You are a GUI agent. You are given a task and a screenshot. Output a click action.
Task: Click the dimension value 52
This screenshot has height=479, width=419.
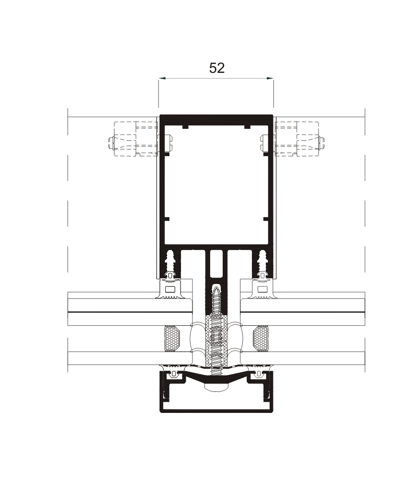pyautogui.click(x=216, y=68)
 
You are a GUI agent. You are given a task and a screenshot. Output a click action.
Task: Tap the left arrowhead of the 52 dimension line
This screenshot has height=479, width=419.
pyautogui.click(x=161, y=78)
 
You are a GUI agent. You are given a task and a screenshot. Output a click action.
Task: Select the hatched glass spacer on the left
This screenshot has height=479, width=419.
pyautogui.click(x=171, y=339)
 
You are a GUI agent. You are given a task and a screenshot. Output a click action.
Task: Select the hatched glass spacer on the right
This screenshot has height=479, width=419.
pyautogui.click(x=261, y=339)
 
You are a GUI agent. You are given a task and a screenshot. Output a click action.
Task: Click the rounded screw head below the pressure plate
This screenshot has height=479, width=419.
pyautogui.click(x=216, y=386)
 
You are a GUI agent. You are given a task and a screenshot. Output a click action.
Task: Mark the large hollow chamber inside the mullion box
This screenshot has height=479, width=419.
pyautogui.click(x=216, y=187)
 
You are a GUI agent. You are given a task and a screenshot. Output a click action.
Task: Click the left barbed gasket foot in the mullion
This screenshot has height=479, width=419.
pyautogui.click(x=170, y=262)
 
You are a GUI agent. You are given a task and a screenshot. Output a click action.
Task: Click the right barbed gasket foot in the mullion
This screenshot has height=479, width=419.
pyautogui.click(x=262, y=262)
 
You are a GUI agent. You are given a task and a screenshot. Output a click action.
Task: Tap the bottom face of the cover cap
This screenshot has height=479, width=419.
pyautogui.click(x=216, y=410)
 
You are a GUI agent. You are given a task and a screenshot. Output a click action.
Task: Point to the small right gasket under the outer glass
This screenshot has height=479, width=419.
pyautogui.click(x=259, y=373)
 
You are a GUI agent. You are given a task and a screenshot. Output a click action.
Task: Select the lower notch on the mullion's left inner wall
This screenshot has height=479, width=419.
pyautogui.click(x=167, y=219)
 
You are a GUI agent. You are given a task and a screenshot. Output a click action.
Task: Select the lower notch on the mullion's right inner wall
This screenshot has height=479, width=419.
pyautogui.click(x=266, y=219)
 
